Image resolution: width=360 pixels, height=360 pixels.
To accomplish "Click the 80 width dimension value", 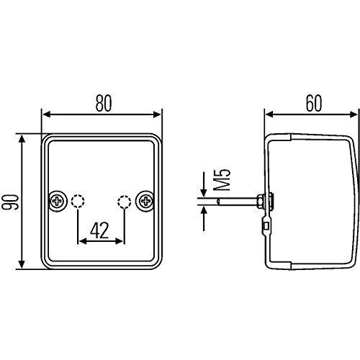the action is pyautogui.click(x=104, y=104).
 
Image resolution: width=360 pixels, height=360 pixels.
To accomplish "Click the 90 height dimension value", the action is pyautogui.click(x=10, y=202).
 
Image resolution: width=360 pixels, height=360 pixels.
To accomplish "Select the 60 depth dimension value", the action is pyautogui.click(x=314, y=104).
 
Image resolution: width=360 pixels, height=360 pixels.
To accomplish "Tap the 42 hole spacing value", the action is pyautogui.click(x=99, y=230).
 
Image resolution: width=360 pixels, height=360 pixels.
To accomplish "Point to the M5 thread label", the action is pyautogui.click(x=222, y=180).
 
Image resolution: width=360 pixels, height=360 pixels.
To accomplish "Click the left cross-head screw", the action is pyautogui.click(x=57, y=201).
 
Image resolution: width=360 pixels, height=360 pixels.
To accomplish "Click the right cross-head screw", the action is pyautogui.click(x=145, y=201).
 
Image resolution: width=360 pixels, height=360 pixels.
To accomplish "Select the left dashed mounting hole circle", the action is pyautogui.click(x=78, y=201).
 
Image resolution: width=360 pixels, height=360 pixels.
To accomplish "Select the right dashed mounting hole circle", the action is pyautogui.click(x=124, y=201).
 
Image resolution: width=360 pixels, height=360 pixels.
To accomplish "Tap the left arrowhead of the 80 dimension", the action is pyautogui.click(x=46, y=114).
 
